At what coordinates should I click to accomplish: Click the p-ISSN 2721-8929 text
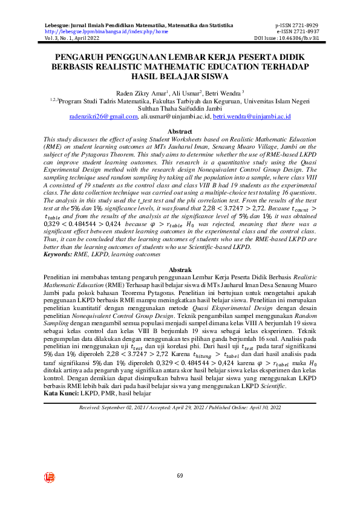point(296,26)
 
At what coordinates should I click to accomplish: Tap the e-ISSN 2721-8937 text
point(296,31)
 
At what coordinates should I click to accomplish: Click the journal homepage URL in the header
point(106,31)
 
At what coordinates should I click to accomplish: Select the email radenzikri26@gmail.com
point(103,115)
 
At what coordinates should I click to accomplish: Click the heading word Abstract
point(180,131)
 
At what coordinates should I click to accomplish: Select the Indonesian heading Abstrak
point(180,270)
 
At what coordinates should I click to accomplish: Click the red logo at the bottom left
point(50,478)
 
